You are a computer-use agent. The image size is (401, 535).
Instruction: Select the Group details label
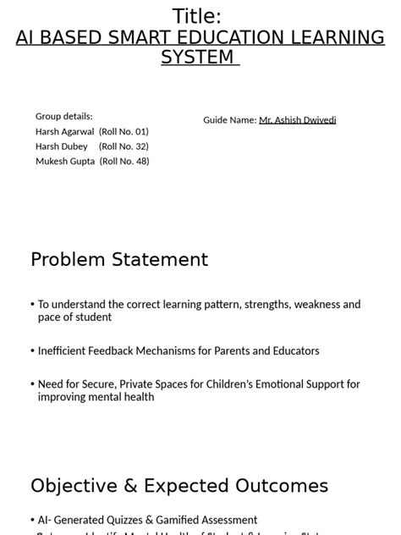tap(64, 116)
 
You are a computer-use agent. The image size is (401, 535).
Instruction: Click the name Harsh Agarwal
tap(65, 131)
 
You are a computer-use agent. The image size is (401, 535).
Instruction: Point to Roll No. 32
tap(124, 146)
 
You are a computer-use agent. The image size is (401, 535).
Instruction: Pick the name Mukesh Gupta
tap(65, 161)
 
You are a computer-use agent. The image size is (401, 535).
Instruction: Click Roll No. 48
tap(124, 161)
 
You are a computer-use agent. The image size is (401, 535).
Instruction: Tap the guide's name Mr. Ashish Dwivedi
tap(297, 120)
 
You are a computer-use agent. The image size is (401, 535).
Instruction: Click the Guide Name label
tap(229, 120)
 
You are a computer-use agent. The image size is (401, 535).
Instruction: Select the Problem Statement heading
tap(119, 260)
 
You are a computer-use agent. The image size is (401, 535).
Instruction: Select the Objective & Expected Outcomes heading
tap(179, 486)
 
